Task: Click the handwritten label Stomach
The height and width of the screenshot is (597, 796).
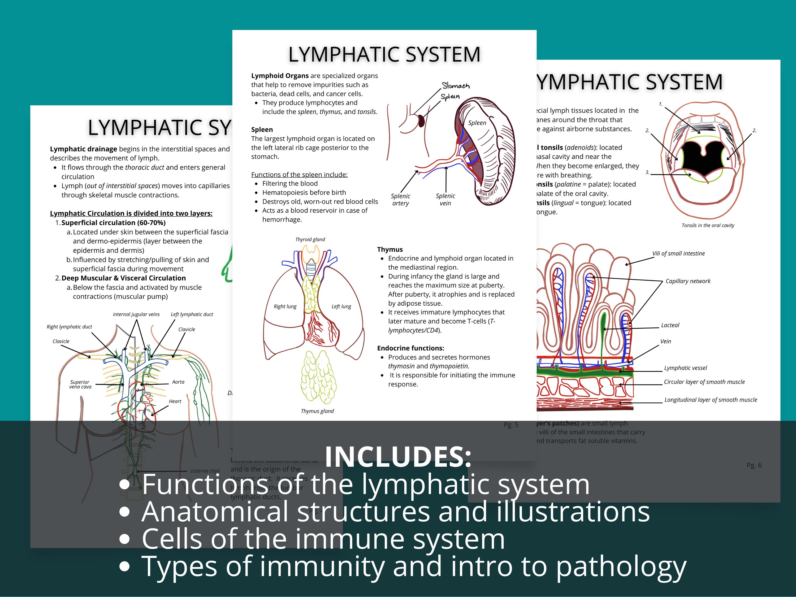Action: (x=456, y=86)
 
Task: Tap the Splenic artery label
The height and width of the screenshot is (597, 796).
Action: (x=400, y=199)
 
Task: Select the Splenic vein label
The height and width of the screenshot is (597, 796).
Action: (x=445, y=199)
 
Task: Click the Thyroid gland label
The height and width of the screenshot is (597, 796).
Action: (x=310, y=239)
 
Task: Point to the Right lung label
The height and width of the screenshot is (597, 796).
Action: (x=285, y=306)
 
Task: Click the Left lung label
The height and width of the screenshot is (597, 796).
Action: (x=341, y=306)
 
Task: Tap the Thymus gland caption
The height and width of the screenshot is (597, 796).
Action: (x=317, y=411)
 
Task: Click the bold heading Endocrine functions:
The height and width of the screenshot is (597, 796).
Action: (x=410, y=348)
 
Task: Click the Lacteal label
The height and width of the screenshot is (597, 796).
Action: (x=670, y=325)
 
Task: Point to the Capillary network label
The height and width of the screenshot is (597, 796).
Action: (x=688, y=281)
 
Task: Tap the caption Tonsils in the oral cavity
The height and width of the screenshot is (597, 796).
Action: (x=708, y=225)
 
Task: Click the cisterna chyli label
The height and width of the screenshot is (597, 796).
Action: (x=205, y=471)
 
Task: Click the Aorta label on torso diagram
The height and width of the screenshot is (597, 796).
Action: (x=178, y=382)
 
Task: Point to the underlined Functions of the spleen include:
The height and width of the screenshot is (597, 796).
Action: (x=299, y=175)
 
